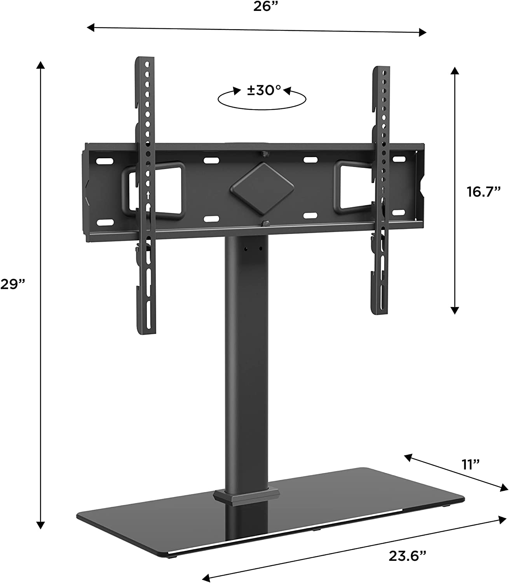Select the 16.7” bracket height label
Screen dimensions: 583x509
pos(482,192)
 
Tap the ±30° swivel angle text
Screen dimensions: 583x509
pos(264,91)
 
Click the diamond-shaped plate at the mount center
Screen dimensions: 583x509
pos(253,185)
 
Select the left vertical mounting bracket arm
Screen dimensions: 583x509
pos(145,194)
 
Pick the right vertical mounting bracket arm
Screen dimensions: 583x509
pos(379,190)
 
